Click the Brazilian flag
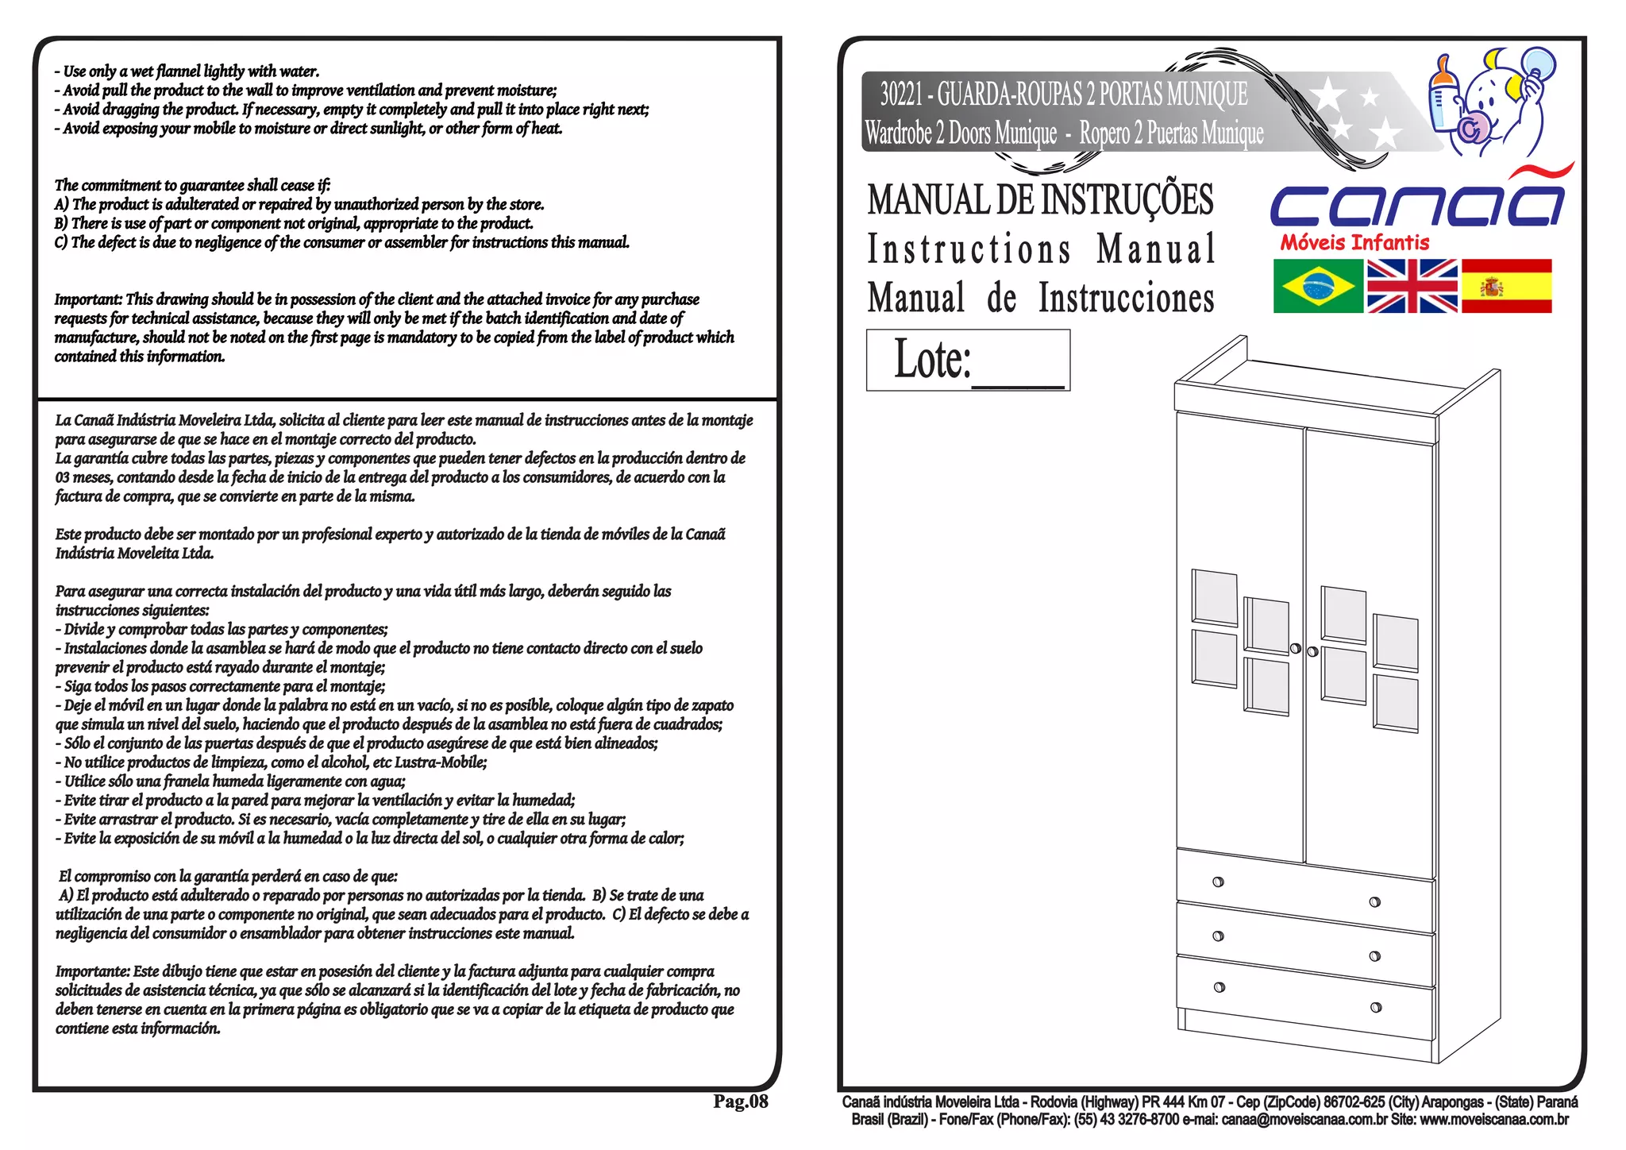pyautogui.click(x=1318, y=286)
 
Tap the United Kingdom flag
pyautogui.click(x=1412, y=286)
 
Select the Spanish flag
pyautogui.click(x=1506, y=286)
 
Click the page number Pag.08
pyautogui.click(x=740, y=1102)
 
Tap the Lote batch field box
pyautogui.click(x=968, y=360)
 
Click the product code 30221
pyautogui.click(x=900, y=95)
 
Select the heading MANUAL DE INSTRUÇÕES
pyautogui.click(x=1040, y=199)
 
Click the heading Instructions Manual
pyautogui.click(x=1040, y=249)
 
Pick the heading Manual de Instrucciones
pyautogui.click(x=1040, y=298)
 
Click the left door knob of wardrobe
pyautogui.click(x=1296, y=649)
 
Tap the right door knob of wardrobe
pyautogui.click(x=1312, y=652)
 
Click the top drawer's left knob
pyautogui.click(x=1219, y=882)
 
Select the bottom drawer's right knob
pyautogui.click(x=1376, y=1007)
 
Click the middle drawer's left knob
pyautogui.click(x=1219, y=936)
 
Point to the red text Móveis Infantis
pyautogui.click(x=1354, y=243)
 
